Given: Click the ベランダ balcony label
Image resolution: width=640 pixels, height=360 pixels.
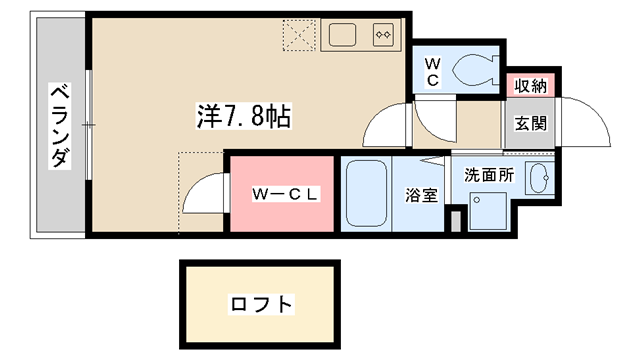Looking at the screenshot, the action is [x=60, y=126].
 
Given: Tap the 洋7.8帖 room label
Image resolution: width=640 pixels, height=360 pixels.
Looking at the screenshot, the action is [x=244, y=116].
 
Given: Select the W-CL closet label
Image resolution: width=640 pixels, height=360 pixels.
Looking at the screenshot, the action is [x=285, y=194].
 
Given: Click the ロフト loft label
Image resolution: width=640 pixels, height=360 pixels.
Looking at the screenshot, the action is [x=261, y=304].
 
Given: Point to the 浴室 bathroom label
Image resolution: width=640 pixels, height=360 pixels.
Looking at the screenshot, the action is [x=422, y=195].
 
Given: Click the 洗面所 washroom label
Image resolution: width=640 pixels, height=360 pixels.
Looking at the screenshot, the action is [x=489, y=175].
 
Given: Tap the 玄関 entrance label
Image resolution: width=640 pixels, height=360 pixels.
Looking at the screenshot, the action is [x=530, y=123].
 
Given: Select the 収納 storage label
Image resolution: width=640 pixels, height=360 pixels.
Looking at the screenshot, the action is [x=530, y=86].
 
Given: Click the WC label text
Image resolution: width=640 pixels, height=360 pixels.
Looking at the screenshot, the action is [x=433, y=72].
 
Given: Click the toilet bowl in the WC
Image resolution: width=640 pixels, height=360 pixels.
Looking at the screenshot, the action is [x=473, y=70].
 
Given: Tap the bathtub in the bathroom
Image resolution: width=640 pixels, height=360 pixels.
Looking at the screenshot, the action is [x=366, y=193].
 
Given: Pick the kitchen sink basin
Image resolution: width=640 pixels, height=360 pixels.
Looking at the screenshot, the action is [x=342, y=35].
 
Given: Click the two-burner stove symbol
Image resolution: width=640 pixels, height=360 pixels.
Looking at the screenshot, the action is [x=383, y=35].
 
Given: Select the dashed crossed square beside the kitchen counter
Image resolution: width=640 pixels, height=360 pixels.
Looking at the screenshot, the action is [x=300, y=35].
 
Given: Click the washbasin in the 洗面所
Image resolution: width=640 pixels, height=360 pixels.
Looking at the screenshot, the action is [x=539, y=179].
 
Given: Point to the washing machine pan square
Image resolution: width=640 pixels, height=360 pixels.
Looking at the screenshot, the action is [x=488, y=211].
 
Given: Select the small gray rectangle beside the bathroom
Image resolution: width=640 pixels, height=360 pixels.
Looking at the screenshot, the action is [x=456, y=221].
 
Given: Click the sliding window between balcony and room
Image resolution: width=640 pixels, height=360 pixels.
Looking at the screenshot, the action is [x=89, y=124].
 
